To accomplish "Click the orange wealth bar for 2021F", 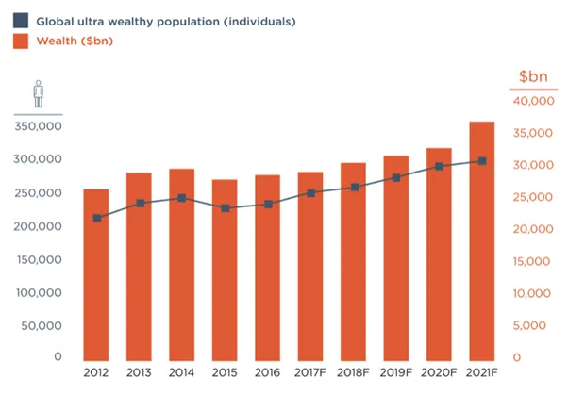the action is tap(481, 241).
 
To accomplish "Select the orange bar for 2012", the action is tap(96, 274).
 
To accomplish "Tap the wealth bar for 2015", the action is tap(225, 271).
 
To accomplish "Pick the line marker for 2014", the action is tap(182, 198).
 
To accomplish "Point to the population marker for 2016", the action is tap(268, 205).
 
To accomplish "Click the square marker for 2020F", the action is tap(439, 167).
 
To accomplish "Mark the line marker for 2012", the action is tap(97, 219).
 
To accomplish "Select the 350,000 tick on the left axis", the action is tap(38, 126).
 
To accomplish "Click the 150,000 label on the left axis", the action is tap(39, 259).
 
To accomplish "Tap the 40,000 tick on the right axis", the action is tap(534, 101).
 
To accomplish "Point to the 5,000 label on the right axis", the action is tap(529, 325).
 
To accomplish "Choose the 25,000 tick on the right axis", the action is tap(533, 197).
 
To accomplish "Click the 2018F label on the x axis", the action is tap(353, 372).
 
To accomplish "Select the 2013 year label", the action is tap(139, 372).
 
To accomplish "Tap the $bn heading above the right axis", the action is tap(533, 76).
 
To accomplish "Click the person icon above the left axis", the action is tap(39, 94).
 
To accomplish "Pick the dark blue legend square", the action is tap(21, 21).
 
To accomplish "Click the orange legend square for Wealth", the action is tap(21, 41).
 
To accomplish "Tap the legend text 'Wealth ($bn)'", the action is tap(75, 41).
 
